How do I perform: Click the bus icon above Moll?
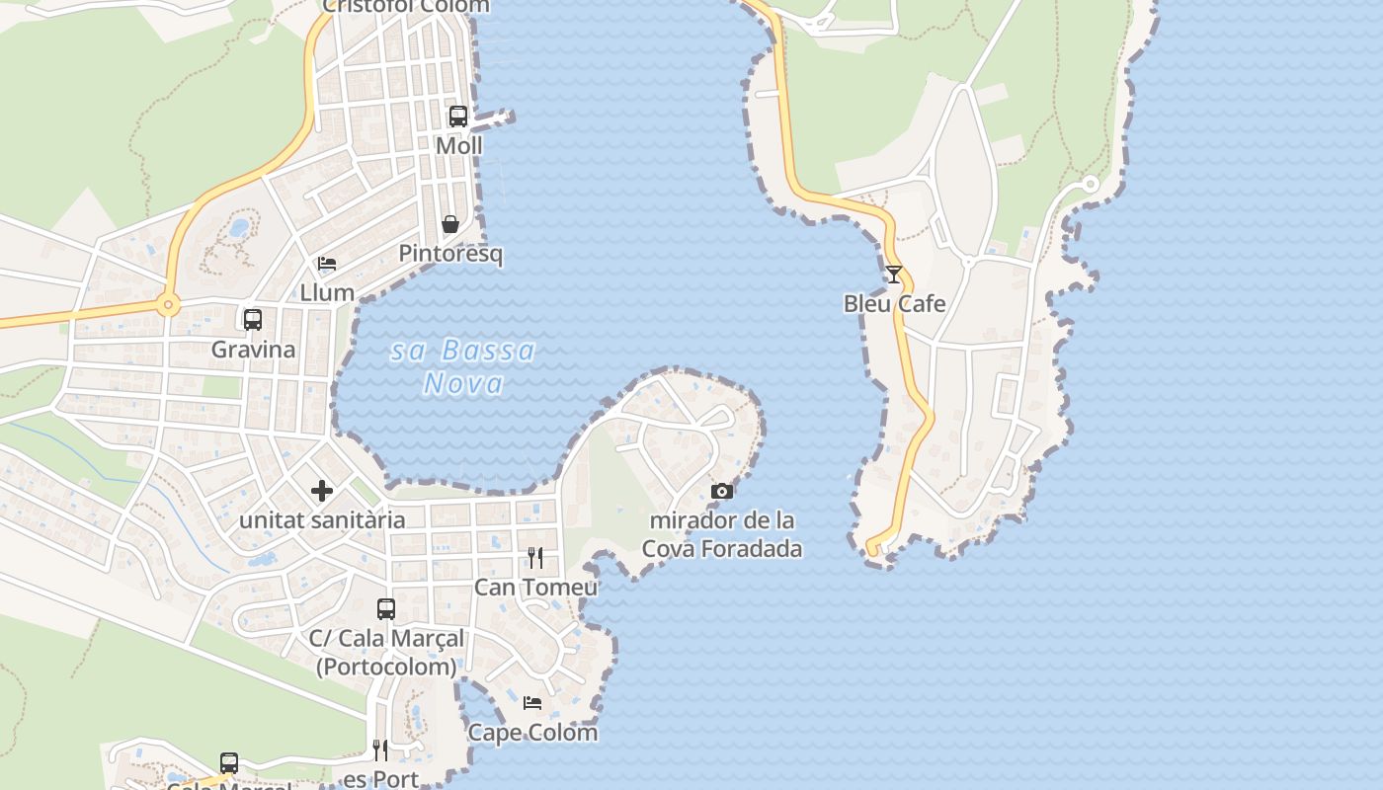coord(458,117)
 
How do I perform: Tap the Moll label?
coord(459,146)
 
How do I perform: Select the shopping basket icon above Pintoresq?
coord(450,224)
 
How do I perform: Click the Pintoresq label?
coord(450,254)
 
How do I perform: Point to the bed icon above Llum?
coord(327,264)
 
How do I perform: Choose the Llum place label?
coord(327,292)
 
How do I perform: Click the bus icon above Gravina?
coord(253,320)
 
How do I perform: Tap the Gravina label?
coord(253,350)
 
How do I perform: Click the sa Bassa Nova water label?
coord(463,366)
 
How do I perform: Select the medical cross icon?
coord(322,491)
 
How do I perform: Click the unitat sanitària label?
coord(322,520)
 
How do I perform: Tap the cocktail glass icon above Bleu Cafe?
coord(894,275)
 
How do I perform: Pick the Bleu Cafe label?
coord(894,304)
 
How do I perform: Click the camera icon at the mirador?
coord(722,491)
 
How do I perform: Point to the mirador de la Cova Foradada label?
coord(722,534)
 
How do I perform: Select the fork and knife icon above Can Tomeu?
coord(535,558)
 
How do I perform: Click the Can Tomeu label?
coord(535,588)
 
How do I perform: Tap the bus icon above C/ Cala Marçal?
coord(386,609)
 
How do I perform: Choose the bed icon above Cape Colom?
coord(532,703)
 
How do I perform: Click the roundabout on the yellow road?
coord(168,305)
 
